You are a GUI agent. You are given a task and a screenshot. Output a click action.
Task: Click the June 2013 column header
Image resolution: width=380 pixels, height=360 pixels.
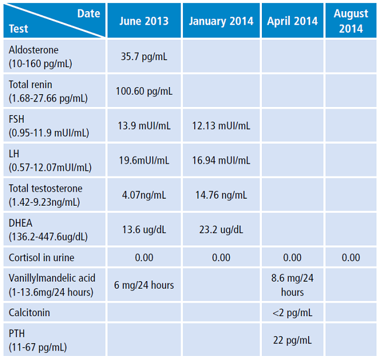point(144,21)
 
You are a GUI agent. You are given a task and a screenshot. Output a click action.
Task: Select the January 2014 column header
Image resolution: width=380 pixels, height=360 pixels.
point(221,21)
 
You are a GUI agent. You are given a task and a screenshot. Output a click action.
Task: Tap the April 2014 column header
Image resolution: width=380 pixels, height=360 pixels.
point(292,21)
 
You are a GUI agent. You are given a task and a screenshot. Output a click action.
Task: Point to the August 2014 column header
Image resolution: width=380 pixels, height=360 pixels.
point(351,20)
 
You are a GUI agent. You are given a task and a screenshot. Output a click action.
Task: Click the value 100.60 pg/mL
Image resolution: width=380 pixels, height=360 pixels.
point(144,91)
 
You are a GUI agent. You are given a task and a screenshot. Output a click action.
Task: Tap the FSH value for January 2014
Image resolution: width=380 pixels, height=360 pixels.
point(221,126)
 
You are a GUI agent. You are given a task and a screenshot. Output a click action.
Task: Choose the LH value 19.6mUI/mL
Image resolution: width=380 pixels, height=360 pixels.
point(144,160)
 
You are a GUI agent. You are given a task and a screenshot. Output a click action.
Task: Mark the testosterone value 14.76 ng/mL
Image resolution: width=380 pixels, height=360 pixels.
point(221,195)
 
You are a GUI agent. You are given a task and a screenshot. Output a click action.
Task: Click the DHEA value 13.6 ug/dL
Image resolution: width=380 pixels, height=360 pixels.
point(144,230)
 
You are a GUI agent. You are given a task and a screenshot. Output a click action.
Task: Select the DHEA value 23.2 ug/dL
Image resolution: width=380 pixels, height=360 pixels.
point(221,230)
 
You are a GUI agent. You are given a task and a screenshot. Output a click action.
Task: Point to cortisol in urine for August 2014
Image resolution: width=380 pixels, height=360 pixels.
point(351,258)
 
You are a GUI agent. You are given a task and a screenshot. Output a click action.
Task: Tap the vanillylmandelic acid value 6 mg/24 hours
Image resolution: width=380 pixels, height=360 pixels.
point(144,285)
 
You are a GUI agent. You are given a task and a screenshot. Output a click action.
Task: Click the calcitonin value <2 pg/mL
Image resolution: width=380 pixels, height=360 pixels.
point(292,313)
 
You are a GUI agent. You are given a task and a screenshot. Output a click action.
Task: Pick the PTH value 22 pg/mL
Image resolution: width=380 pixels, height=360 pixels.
point(292,340)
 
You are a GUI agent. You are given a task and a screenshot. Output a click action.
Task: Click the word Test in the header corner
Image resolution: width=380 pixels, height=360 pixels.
point(18,29)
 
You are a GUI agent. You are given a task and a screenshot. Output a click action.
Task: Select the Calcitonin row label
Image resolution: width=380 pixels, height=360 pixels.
point(29,313)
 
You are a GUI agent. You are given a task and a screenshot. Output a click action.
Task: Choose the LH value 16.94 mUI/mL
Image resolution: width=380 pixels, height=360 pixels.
point(221,160)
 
